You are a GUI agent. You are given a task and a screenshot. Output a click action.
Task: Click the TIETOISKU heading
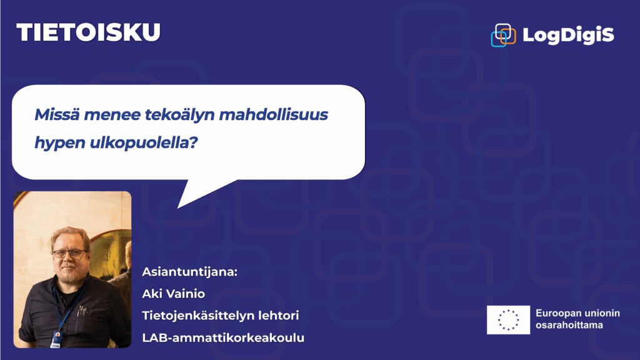[89, 32]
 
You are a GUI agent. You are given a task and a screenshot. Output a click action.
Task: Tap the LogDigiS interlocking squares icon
[503, 35]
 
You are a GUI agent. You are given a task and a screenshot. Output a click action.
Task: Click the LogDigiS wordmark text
[568, 35]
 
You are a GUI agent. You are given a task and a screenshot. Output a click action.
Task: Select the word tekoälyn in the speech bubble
[179, 115]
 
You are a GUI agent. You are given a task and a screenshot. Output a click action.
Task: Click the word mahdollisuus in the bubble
[274, 115]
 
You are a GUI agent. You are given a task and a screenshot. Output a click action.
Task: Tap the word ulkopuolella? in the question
[144, 142]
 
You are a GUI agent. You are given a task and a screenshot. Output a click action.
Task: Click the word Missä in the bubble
[57, 115]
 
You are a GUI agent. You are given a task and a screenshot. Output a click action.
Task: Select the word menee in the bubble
[112, 116]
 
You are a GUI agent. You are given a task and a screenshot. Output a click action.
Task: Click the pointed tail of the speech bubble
[179, 206]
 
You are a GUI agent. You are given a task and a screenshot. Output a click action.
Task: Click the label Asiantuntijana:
[190, 272]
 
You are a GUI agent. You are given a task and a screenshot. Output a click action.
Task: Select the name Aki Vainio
[174, 294]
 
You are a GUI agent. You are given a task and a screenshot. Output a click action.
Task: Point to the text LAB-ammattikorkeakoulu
[223, 337]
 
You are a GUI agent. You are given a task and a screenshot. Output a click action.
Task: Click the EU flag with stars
[509, 320]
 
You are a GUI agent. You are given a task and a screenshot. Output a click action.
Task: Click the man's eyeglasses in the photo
[70, 254]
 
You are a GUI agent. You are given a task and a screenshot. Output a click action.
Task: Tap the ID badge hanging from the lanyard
[56, 339]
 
